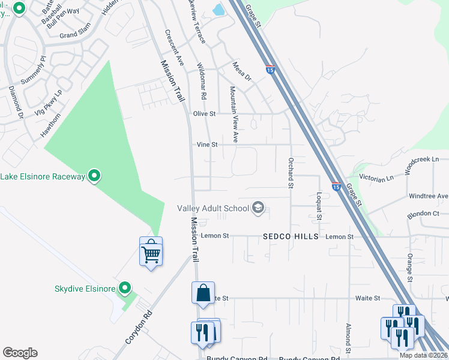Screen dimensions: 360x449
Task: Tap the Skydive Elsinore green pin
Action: tap(125, 289)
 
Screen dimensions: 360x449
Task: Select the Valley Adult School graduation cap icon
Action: tap(258, 208)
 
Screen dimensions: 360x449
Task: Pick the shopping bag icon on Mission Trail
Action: tap(203, 292)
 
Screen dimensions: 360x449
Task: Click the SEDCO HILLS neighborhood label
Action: tap(291, 237)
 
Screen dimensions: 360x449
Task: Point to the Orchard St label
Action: tap(290, 173)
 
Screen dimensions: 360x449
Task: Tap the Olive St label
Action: tap(204, 113)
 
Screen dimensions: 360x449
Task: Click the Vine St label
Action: tap(206, 145)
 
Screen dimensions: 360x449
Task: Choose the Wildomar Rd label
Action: tap(202, 81)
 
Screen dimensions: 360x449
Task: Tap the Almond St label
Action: tap(348, 338)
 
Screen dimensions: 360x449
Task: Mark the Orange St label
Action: tap(409, 267)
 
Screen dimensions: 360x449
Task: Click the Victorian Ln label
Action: tap(376, 178)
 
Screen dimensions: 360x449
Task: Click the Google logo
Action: tap(20, 353)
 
